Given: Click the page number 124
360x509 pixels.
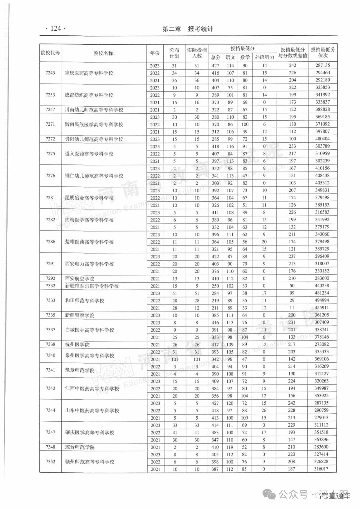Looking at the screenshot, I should tap(55, 29).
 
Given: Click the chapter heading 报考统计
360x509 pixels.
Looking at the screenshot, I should tap(201, 29).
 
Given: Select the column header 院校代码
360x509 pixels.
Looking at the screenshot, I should tap(50, 53).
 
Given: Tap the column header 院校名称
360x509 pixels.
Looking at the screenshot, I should tap(103, 53).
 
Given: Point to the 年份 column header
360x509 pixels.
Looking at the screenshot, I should tap(155, 53).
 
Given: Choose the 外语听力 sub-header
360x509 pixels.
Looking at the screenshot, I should tap(264, 57).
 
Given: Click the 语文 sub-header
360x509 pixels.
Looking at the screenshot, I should tap(230, 57).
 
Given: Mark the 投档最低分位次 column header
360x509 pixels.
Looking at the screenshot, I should tap(323, 53).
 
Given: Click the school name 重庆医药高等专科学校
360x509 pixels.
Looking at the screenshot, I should tap(89, 73).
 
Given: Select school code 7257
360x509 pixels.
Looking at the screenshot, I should tap(50, 110).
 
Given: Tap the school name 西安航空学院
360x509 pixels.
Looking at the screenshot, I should tap(80, 279).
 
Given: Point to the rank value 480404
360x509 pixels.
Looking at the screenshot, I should tap(322, 139).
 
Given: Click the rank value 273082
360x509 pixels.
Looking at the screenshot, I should tap(322, 345).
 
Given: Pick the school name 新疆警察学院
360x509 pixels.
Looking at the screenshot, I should tap(80, 315).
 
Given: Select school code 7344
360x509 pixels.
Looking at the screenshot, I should tap(50, 410).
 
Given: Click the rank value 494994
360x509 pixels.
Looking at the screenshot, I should tap(322, 301).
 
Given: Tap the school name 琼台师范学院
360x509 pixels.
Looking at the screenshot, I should tap(80, 447).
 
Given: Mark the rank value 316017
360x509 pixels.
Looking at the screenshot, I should tap(322, 469).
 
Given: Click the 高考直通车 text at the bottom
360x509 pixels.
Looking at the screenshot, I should tap(332, 496).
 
